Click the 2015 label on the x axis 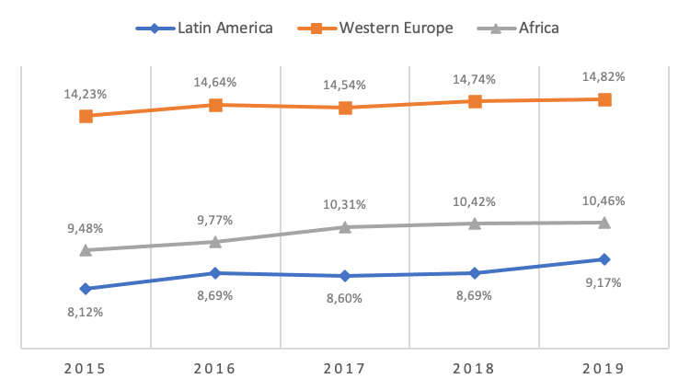tap(85, 368)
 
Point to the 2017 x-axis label tap(344, 368)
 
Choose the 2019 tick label tap(604, 368)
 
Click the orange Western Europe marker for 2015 tap(86, 116)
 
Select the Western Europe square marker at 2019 tap(604, 99)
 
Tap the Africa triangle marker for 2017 tap(345, 226)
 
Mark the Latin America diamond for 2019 tap(604, 259)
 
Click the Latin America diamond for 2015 tap(86, 289)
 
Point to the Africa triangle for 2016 tap(215, 242)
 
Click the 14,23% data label tap(85, 94)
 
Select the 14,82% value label tap(604, 76)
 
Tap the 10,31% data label tap(344, 204)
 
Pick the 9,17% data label tap(604, 282)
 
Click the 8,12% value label tap(85, 312)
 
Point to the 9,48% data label tap(85, 228)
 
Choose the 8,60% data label tap(344, 298)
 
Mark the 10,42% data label tap(474, 201)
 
